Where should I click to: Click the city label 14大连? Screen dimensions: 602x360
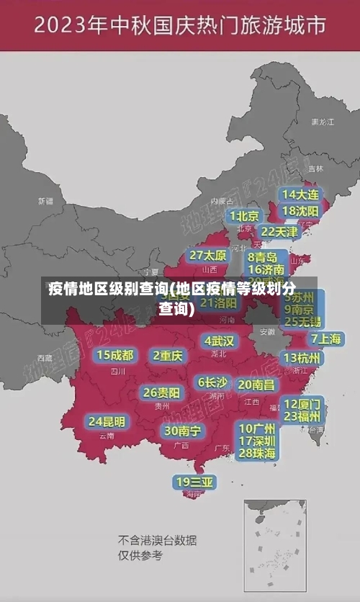pyautogui.click(x=300, y=194)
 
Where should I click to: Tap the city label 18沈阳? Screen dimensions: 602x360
pyautogui.click(x=300, y=211)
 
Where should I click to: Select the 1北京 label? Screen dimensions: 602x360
pyautogui.click(x=245, y=216)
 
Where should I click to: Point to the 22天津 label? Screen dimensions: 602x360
pyautogui.click(x=279, y=232)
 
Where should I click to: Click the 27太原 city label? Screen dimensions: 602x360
pyautogui.click(x=208, y=256)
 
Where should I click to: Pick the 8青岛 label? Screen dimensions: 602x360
pyautogui.click(x=263, y=257)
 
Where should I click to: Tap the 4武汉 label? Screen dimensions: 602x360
pyautogui.click(x=219, y=341)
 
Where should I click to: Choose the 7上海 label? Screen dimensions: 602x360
pyautogui.click(x=325, y=338)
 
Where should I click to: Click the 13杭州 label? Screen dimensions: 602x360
pyautogui.click(x=302, y=358)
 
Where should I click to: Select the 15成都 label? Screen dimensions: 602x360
pyautogui.click(x=115, y=355)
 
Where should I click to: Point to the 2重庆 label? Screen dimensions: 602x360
pyautogui.click(x=168, y=356)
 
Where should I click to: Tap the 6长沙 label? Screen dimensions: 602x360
pyautogui.click(x=212, y=382)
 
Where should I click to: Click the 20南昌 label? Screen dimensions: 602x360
pyautogui.click(x=256, y=385)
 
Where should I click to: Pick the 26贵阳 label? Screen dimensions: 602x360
pyautogui.click(x=161, y=393)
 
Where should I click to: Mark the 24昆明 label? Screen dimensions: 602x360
pyautogui.click(x=107, y=421)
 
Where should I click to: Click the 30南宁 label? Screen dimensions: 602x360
pyautogui.click(x=183, y=431)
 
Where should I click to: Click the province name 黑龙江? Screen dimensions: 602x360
pyautogui.click(x=322, y=122)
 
